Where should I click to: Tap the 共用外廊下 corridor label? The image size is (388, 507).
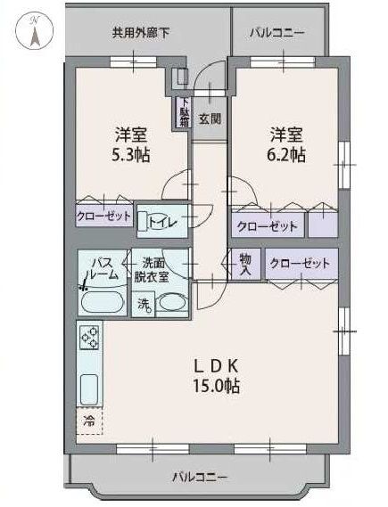(140, 33)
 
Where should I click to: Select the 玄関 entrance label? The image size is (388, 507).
(210, 119)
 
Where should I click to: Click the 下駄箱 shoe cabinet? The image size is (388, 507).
(184, 112)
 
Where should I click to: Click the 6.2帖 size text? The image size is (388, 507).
(285, 155)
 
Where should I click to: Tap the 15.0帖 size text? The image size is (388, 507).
(216, 386)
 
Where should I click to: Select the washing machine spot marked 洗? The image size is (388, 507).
(144, 304)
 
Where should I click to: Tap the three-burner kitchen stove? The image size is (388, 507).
(89, 338)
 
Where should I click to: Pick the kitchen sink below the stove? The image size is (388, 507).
(88, 389)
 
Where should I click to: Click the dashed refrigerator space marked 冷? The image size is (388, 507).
(89, 421)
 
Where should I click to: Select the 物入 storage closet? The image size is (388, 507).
(245, 264)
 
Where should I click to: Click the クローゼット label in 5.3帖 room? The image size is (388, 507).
(103, 216)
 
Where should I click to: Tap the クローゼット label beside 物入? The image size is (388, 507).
(300, 263)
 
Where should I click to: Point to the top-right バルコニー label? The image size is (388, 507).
(277, 33)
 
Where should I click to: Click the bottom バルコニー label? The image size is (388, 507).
(200, 477)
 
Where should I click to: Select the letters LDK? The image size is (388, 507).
(216, 366)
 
